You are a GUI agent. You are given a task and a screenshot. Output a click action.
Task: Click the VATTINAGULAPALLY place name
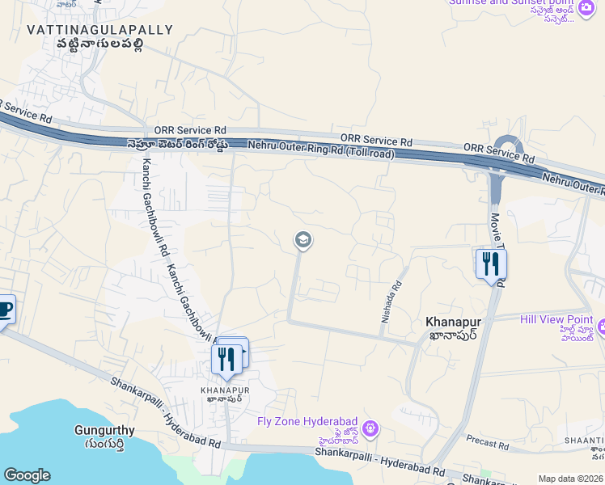(x=99, y=30)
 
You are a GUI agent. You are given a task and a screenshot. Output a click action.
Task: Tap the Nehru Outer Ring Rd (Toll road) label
(x=321, y=148)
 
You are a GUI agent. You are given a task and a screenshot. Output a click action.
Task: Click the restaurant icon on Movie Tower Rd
(x=490, y=264)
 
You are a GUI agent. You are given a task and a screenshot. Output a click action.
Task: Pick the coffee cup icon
(x=3, y=310)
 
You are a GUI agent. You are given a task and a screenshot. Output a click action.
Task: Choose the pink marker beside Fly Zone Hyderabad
(x=370, y=428)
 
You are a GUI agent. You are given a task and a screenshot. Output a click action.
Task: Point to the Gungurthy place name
(x=104, y=430)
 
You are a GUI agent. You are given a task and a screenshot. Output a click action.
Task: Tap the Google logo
(x=27, y=475)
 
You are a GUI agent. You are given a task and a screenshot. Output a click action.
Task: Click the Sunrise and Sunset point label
(x=512, y=2)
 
